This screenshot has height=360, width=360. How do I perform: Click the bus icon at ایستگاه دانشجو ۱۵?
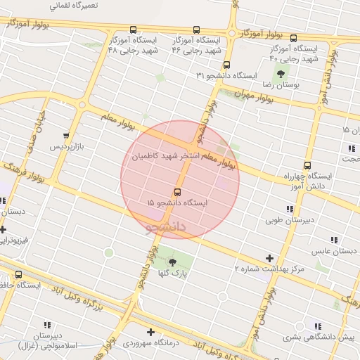click(x=176, y=192)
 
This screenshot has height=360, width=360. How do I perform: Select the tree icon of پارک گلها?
click(x=173, y=262)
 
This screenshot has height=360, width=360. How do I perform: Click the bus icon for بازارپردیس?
click(x=66, y=136)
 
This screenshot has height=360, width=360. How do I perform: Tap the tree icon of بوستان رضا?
click(x=281, y=73)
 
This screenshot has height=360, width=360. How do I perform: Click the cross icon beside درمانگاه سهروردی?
click(x=150, y=332)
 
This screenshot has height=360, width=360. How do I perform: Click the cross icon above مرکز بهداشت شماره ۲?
click(x=269, y=258)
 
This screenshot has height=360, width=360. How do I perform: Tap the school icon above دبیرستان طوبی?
click(x=290, y=209)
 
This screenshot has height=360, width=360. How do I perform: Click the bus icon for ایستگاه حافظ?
click(x=18, y=274)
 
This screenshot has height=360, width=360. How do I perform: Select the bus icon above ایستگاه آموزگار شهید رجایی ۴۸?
click(x=134, y=30)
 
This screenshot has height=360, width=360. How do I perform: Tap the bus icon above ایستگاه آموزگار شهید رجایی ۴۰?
click(x=293, y=38)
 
